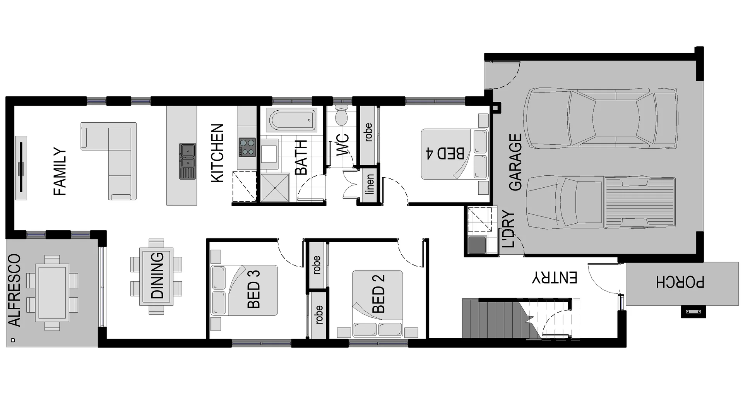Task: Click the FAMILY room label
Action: pyautogui.click(x=60, y=171)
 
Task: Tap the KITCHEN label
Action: pyautogui.click(x=217, y=153)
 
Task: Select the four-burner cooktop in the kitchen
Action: pyautogui.click(x=247, y=147)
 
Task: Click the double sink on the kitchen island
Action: pyautogui.click(x=187, y=161)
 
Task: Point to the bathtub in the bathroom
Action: pyautogui.click(x=291, y=120)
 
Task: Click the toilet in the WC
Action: pyautogui.click(x=341, y=115)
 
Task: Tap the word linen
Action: pyautogui.click(x=370, y=184)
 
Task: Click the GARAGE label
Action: pyautogui.click(x=515, y=162)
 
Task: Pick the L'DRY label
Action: pyautogui.click(x=508, y=229)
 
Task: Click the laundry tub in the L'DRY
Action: pyautogui.click(x=477, y=245)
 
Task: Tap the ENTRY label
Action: pyautogui.click(x=555, y=278)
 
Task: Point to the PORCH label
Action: pyautogui.click(x=680, y=283)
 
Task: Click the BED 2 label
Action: pyautogui.click(x=378, y=294)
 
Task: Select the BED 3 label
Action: pyautogui.click(x=253, y=289)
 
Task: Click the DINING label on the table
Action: pyautogui.click(x=157, y=275)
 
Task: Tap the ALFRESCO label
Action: pyautogui.click(x=14, y=290)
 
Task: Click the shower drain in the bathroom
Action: pyautogui.click(x=275, y=188)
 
